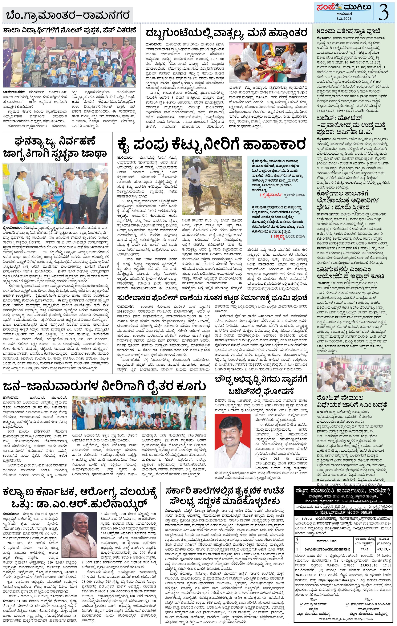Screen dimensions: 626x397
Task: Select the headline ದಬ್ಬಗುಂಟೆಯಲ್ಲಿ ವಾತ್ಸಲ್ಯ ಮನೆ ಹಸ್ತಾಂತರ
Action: click(x=226, y=33)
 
